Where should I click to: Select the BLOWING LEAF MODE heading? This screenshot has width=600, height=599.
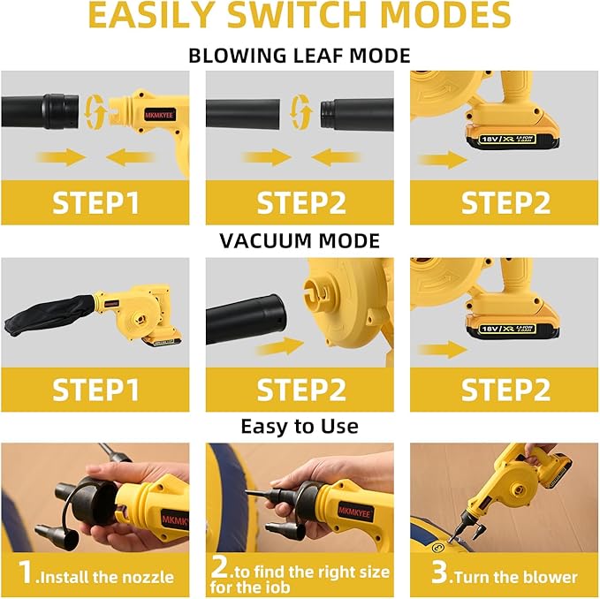(x=300, y=56)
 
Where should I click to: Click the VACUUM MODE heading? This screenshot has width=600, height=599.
(x=300, y=240)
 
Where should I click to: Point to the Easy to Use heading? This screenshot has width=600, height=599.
(x=300, y=426)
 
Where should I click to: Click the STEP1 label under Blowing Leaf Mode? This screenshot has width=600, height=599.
(x=95, y=202)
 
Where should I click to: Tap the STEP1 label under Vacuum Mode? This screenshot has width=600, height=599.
(x=95, y=389)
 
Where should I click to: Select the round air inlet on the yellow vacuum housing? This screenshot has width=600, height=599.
(x=317, y=292)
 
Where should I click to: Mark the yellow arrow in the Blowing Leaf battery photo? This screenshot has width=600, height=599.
(x=443, y=160)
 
